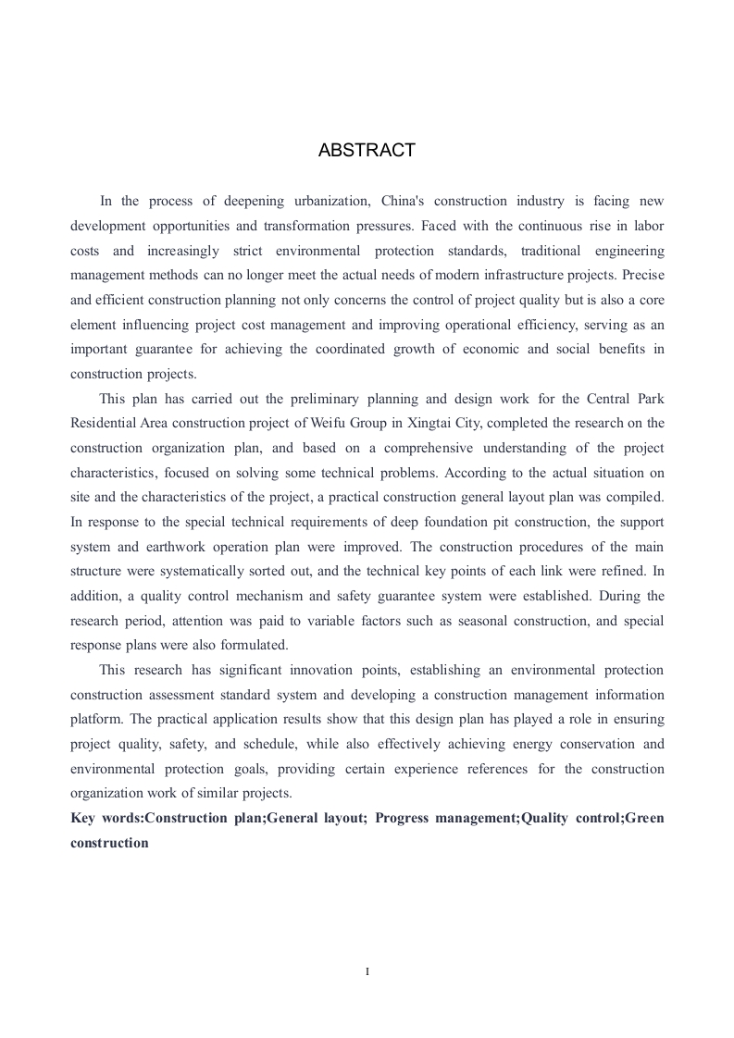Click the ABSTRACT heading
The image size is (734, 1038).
367,151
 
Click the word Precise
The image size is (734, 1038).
643,275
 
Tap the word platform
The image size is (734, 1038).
94,719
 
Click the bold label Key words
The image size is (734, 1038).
106,818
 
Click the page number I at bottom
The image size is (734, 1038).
367,971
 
